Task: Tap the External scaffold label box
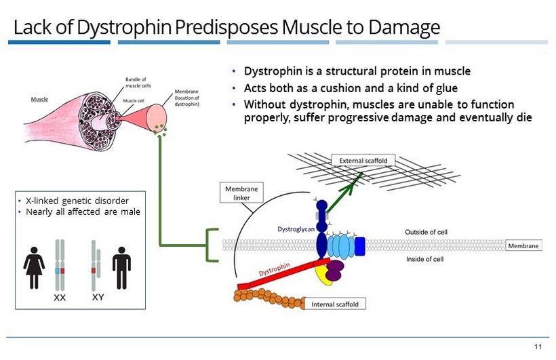pos(363,161)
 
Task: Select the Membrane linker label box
pos(241,192)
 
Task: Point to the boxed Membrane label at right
pos(524,245)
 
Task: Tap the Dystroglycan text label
pos(296,230)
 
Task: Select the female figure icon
pos(34,267)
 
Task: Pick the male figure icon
pos(121,267)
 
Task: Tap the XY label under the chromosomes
pos(98,297)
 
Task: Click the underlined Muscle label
pos(39,100)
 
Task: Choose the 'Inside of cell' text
pos(424,259)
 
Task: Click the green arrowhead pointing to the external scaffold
pos(361,178)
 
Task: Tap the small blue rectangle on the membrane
pos(359,246)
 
